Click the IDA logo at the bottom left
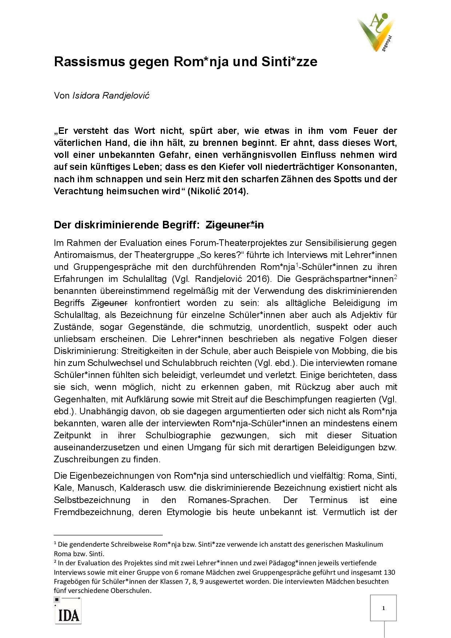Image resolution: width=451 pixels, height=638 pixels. pyautogui.click(x=68, y=615)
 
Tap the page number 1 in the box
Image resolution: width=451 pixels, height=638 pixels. pyautogui.click(x=384, y=608)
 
